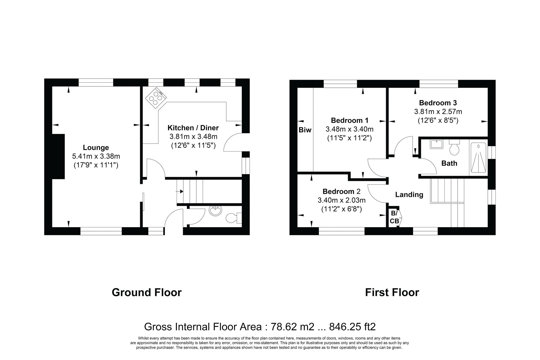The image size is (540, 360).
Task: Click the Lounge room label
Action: coord(96,147)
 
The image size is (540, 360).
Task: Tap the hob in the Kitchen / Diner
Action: coord(156,98)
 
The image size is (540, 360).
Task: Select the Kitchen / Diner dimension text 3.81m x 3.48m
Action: coord(193,137)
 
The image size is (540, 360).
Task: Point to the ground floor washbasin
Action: coord(215,211)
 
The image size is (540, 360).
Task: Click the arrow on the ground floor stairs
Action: coord(180,191)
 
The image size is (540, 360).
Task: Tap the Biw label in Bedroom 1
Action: coord(305,130)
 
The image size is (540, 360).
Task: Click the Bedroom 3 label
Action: coord(438,103)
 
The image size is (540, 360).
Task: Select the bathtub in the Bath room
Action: coord(478,157)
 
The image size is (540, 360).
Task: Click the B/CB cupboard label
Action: coord(394,217)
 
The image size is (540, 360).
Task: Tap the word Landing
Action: coord(409,194)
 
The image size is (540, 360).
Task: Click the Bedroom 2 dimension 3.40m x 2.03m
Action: coord(342,200)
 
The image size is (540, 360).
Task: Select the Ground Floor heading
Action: coord(147,292)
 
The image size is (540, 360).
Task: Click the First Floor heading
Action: coord(392,292)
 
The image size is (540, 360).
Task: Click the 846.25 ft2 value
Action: coord(352,327)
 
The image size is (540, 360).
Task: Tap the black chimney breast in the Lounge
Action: coord(58,156)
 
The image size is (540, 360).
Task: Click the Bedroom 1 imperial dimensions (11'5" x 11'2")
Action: coord(349,138)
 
